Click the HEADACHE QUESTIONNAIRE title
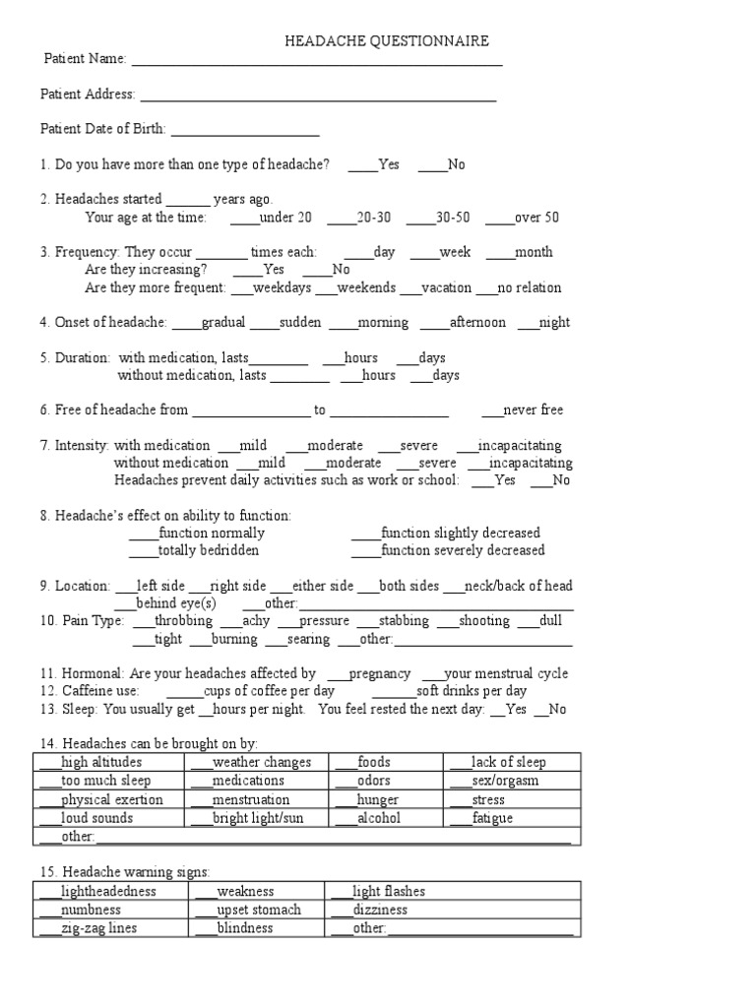387,40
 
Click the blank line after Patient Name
317,62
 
